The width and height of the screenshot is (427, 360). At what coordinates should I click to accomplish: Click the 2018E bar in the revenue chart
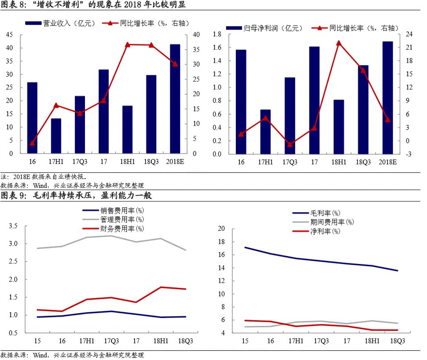(175, 99)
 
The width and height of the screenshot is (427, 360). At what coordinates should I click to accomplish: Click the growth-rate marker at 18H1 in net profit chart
(339, 43)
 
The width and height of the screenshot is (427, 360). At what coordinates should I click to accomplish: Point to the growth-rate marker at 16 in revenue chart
(32, 143)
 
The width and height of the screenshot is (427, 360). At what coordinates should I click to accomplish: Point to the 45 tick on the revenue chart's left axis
(10, 35)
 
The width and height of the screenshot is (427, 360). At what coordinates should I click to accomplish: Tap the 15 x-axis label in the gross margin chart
(244, 341)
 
